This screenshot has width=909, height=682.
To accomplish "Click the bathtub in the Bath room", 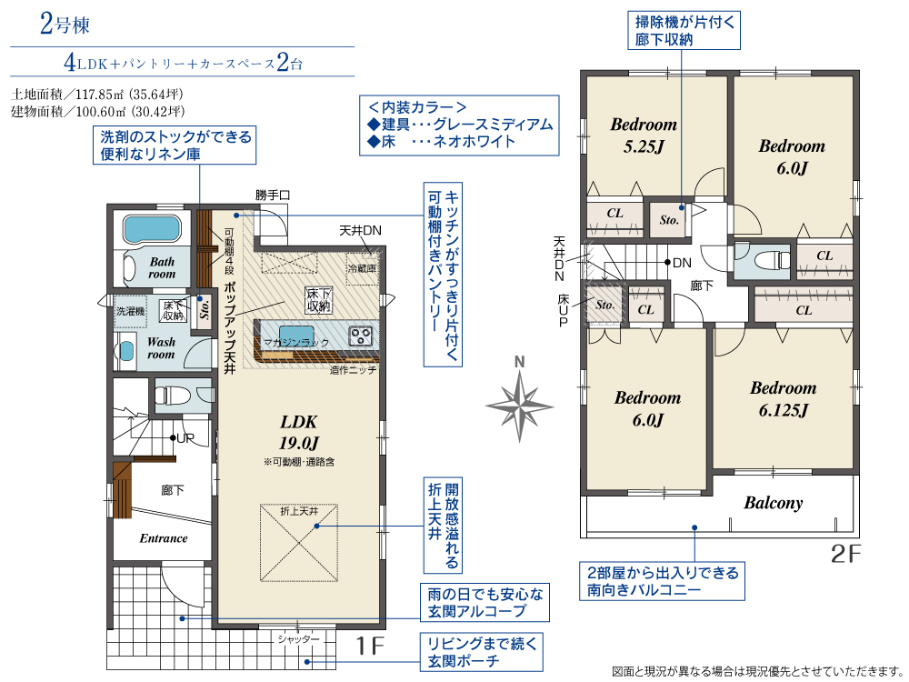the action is [x=151, y=229].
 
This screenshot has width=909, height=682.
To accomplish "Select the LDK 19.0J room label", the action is [x=298, y=432].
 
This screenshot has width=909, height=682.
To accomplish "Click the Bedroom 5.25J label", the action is [x=644, y=135].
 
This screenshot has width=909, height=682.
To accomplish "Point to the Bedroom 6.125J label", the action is [x=784, y=399].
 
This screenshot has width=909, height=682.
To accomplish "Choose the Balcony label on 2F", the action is [x=774, y=503].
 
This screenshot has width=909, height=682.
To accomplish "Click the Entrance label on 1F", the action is [x=164, y=538].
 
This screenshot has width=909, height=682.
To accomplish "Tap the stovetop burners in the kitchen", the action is [x=361, y=336].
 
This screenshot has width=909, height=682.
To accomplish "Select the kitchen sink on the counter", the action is [x=296, y=336].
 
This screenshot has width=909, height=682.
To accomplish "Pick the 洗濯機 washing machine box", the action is [x=130, y=311].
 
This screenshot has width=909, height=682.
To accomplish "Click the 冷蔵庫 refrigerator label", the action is [x=362, y=268].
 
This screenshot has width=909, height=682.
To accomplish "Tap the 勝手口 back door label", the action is [x=273, y=196].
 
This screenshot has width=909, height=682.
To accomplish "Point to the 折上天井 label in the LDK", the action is [x=299, y=511].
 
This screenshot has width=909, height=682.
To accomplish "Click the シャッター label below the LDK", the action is [x=298, y=639].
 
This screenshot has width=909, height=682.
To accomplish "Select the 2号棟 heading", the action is [x=65, y=25].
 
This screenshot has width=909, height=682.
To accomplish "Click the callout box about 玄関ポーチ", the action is [x=482, y=652].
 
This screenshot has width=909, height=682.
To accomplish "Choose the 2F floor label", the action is [x=845, y=555].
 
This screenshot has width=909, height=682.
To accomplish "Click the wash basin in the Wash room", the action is [x=125, y=351].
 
